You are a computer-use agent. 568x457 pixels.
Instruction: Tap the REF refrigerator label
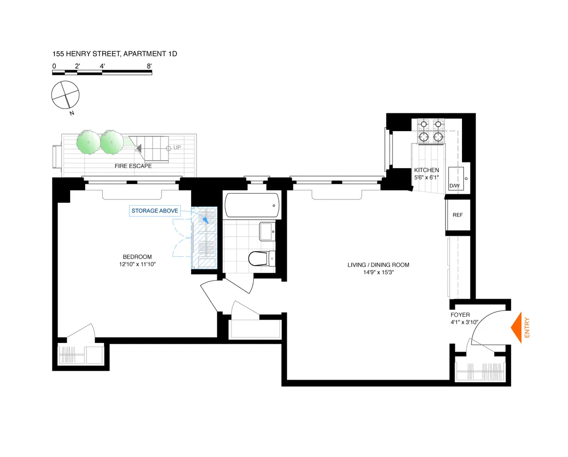(x=457, y=215)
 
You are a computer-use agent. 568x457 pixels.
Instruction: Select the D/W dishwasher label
(x=454, y=186)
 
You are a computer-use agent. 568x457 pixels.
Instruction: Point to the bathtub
(x=250, y=206)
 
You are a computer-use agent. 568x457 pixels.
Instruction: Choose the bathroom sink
(x=267, y=232)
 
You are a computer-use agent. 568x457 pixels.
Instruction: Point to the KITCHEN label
(x=426, y=170)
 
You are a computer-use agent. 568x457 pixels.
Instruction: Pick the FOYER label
(x=460, y=314)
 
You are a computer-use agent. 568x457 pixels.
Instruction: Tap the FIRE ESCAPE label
(x=133, y=166)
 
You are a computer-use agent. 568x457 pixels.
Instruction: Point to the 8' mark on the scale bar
(x=149, y=66)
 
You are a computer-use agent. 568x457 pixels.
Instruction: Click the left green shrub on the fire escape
(x=88, y=141)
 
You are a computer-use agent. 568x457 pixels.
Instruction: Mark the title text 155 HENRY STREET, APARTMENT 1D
(x=115, y=54)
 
